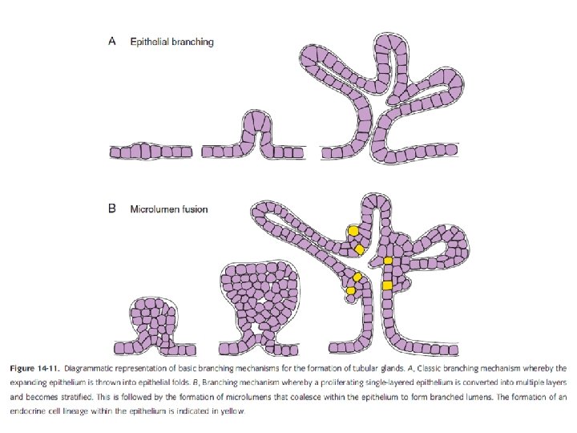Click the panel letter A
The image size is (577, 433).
coord(113,42)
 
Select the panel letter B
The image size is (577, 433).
coord(113,209)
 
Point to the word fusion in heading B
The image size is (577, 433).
coord(195,209)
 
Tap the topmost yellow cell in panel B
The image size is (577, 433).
coord(353,231)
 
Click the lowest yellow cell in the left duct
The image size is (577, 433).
coord(350,290)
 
